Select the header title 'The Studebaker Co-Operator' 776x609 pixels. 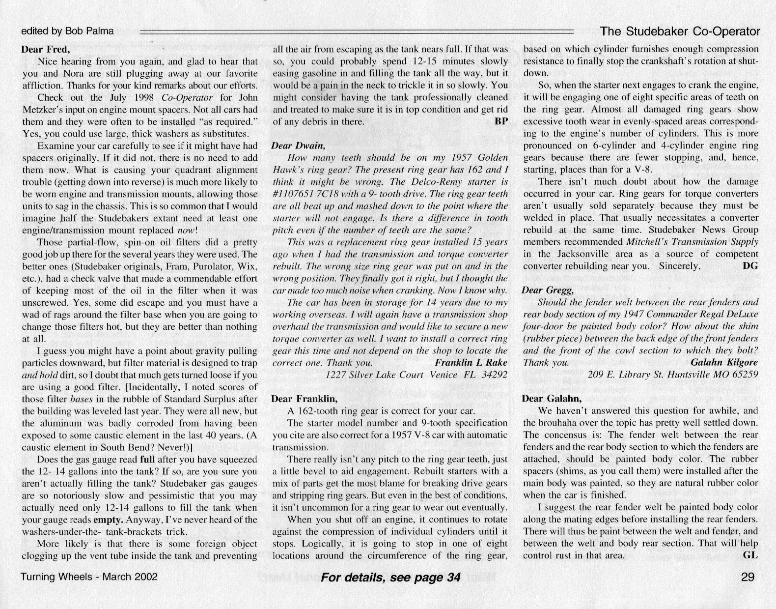coord(680,31)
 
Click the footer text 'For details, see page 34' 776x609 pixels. coord(390,577)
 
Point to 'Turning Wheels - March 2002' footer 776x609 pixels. coord(89,577)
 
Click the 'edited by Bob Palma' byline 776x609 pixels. coord(67,31)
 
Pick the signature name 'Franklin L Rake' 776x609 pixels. coord(471,363)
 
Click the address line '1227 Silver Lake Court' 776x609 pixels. coord(375,375)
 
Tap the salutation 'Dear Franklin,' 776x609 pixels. coord(304,399)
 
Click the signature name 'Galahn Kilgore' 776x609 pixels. coord(724,362)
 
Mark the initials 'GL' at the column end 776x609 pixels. coord(751,555)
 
